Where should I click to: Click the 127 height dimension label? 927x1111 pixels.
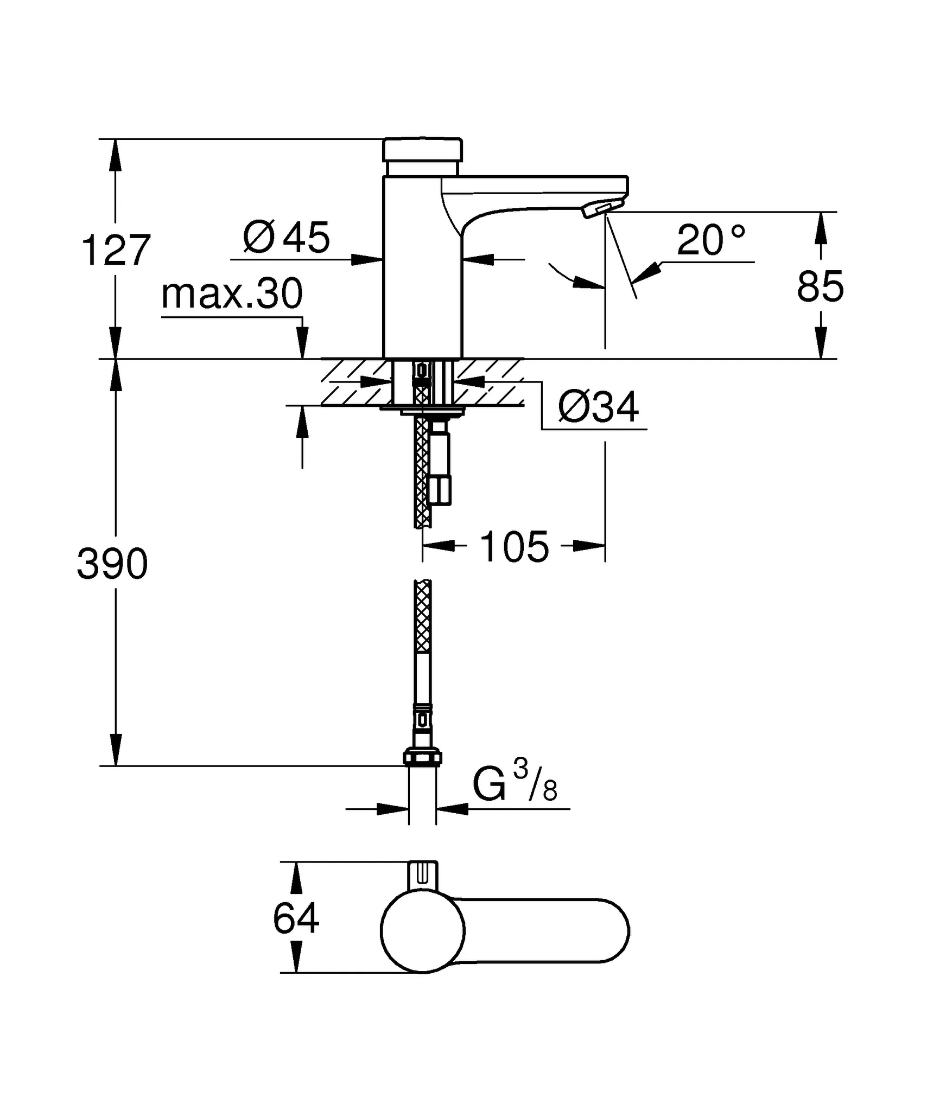click(x=116, y=251)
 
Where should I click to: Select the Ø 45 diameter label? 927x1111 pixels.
click(x=286, y=238)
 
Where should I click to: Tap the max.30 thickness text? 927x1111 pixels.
click(x=232, y=294)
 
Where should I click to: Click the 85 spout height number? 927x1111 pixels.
click(x=820, y=286)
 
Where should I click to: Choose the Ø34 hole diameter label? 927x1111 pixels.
click(x=598, y=407)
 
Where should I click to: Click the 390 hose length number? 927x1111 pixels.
click(x=112, y=565)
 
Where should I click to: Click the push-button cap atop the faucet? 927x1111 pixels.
click(x=423, y=149)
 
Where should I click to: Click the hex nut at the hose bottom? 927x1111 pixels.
click(x=422, y=757)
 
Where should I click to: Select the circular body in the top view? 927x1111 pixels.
click(x=422, y=931)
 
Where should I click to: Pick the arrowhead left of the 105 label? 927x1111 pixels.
click(x=439, y=546)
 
